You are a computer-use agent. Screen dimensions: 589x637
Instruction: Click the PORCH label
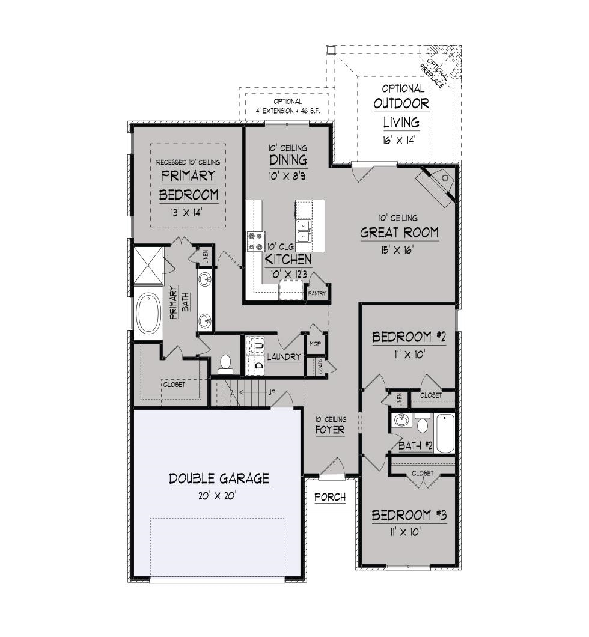pyautogui.click(x=330, y=497)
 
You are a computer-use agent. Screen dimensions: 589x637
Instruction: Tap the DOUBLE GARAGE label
pyautogui.click(x=219, y=478)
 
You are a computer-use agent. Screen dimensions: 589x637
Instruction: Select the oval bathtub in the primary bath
pyautogui.click(x=148, y=313)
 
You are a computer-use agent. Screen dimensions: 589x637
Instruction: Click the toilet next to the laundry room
pyautogui.click(x=225, y=364)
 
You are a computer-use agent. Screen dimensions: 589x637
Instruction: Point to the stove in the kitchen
pyautogui.click(x=255, y=242)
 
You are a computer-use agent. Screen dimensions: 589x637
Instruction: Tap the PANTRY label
pyautogui.click(x=317, y=293)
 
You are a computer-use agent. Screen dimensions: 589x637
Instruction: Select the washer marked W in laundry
pyautogui.click(x=255, y=346)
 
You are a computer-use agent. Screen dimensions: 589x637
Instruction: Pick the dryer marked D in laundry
pyautogui.click(x=255, y=364)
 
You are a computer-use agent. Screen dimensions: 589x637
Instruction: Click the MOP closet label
pyautogui.click(x=315, y=344)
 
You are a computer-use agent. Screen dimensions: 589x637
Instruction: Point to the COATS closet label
pyautogui.click(x=320, y=366)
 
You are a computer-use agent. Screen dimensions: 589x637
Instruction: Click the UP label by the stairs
pyautogui.click(x=271, y=392)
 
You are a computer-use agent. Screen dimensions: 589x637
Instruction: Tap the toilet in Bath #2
pyautogui.click(x=423, y=424)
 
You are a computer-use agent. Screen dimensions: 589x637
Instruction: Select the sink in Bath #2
pyautogui.click(x=402, y=420)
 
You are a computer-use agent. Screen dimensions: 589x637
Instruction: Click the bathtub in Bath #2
pyautogui.click(x=444, y=433)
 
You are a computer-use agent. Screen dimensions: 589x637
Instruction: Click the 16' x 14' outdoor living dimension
pyautogui.click(x=399, y=141)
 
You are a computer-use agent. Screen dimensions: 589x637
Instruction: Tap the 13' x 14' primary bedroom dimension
pyautogui.click(x=186, y=212)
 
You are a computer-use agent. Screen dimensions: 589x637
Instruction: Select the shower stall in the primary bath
pyautogui.click(x=148, y=265)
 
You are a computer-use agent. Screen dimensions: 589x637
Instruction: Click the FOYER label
pyautogui.click(x=330, y=430)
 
